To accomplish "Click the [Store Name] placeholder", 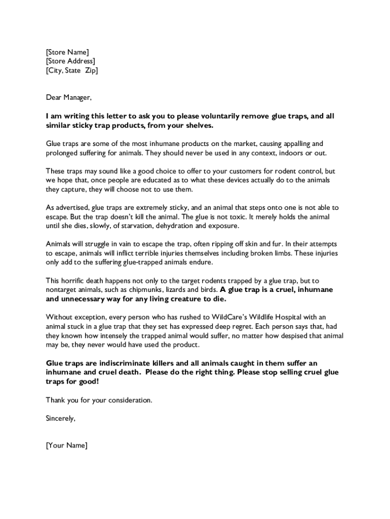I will pyautogui.click(x=67, y=52).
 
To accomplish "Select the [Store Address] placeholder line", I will pyautogui.click(x=70, y=61).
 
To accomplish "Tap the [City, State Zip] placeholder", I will pyautogui.click(x=72, y=70).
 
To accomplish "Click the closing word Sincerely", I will pyautogui.click(x=61, y=418).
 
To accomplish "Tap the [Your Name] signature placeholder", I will pyautogui.click(x=66, y=446).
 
